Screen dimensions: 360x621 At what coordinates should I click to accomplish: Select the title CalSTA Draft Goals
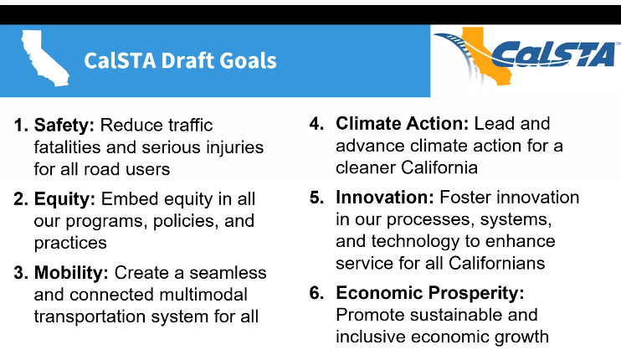coord(180,61)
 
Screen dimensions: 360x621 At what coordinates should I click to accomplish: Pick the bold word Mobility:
coord(72,273)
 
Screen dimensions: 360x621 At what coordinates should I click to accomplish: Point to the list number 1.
coord(19,126)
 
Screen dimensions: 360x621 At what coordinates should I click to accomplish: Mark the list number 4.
coord(316,124)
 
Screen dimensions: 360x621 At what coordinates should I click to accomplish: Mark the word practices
coord(71,243)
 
